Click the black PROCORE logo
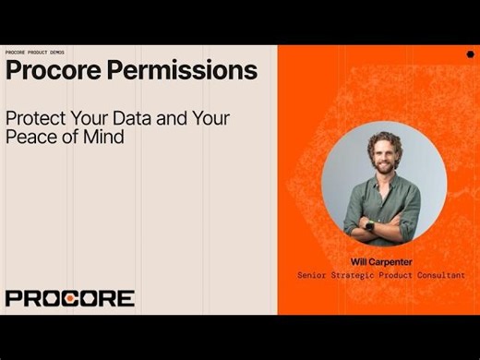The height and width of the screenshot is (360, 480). pyautogui.click(x=70, y=298)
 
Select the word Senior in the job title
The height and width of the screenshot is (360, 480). pyautogui.click(x=316, y=275)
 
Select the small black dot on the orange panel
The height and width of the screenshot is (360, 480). pyautogui.click(x=470, y=54)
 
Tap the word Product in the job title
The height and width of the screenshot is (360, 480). pyautogui.click(x=397, y=275)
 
